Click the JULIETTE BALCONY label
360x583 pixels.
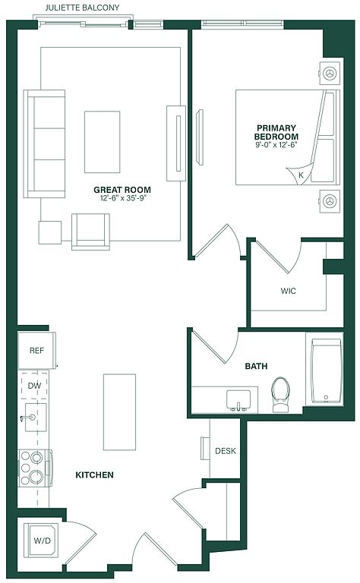[x=82, y=8]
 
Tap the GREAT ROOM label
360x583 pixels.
[x=122, y=190]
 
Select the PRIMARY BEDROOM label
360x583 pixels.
[x=276, y=132]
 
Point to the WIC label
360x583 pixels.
[x=288, y=291]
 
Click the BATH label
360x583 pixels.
[x=256, y=366]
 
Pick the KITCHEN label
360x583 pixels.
[x=94, y=474]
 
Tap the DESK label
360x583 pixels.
[x=226, y=451]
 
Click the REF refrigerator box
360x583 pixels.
[x=36, y=350]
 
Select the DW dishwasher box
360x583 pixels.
[x=33, y=386]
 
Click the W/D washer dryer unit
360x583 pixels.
[x=42, y=540]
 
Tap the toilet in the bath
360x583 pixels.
[x=281, y=395]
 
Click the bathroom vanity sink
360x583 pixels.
[x=238, y=401]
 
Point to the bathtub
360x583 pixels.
[x=326, y=370]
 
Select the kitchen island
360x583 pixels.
[x=119, y=412]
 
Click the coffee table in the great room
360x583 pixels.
[x=103, y=142]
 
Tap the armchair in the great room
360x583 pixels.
[x=90, y=232]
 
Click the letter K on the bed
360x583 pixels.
[x=301, y=175]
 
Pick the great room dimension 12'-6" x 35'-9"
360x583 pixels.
[x=122, y=198]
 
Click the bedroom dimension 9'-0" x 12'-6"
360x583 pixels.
[x=276, y=145]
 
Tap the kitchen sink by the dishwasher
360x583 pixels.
[x=35, y=418]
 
